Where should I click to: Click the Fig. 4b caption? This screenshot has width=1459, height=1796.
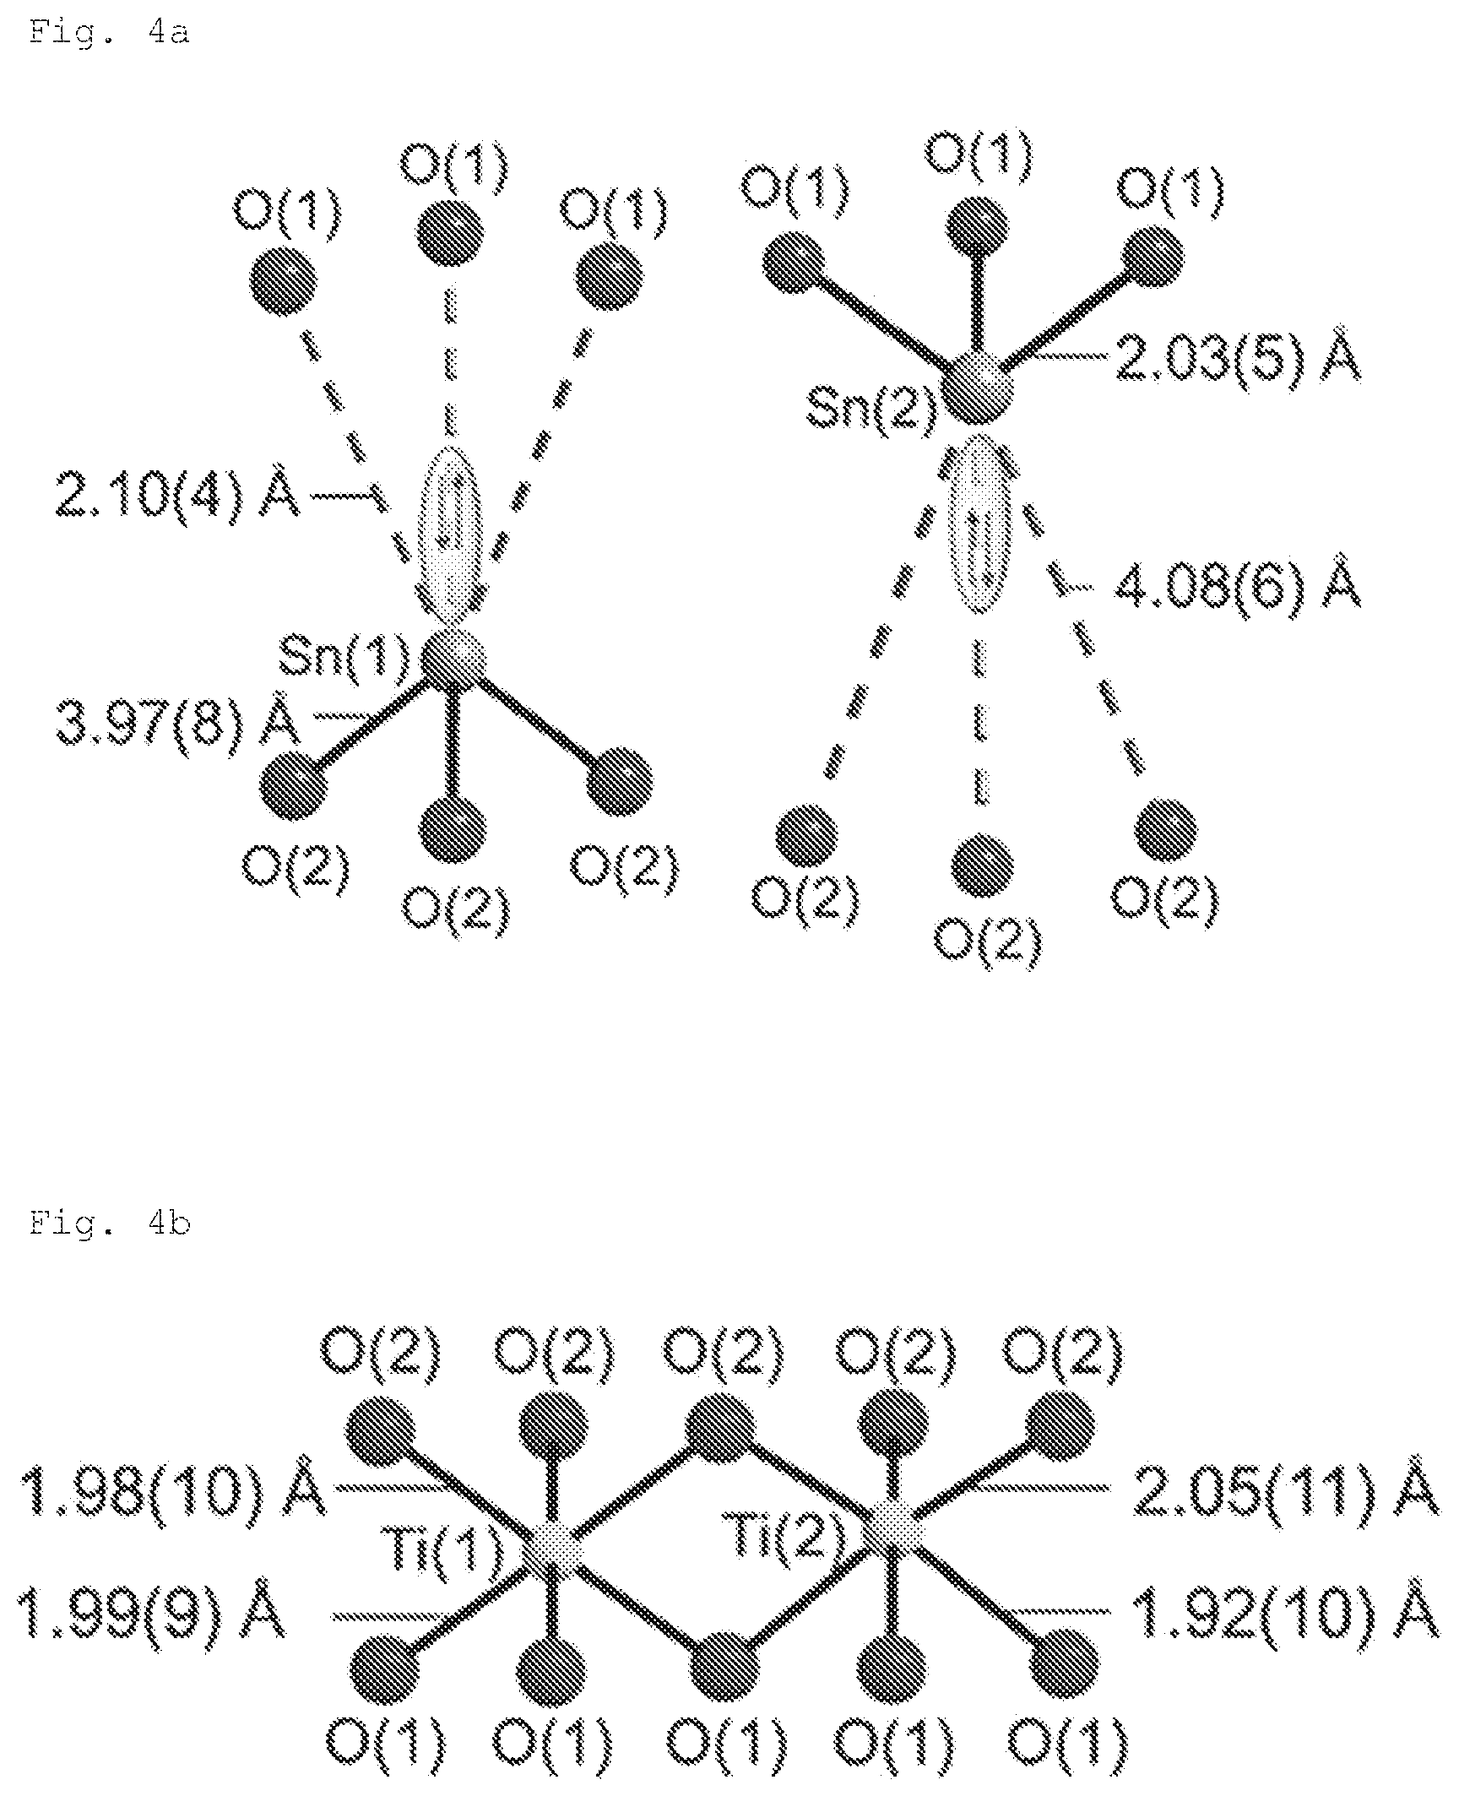point(110,1223)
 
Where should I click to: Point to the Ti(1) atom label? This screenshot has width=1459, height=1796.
point(448,1555)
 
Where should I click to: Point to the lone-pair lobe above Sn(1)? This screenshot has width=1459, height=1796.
point(453,535)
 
